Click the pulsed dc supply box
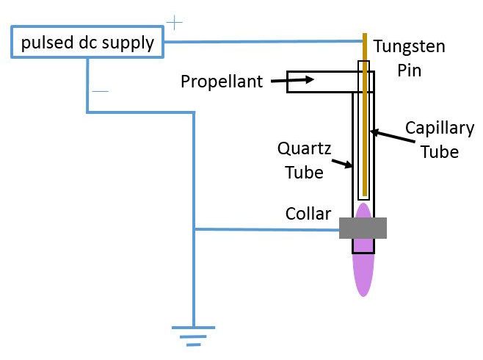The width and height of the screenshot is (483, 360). pyautogui.click(x=87, y=43)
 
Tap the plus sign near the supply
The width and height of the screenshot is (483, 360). pyautogui.click(x=174, y=23)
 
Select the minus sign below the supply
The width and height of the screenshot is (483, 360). pyautogui.click(x=101, y=91)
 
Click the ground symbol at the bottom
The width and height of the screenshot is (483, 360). pyautogui.click(x=193, y=334)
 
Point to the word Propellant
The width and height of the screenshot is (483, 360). pyautogui.click(x=222, y=81)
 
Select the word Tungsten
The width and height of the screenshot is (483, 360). pyautogui.click(x=409, y=47)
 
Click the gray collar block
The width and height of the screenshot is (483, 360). pyautogui.click(x=363, y=228)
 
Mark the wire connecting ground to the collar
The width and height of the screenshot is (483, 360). pyautogui.click(x=264, y=229)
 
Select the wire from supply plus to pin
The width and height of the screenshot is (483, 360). pyautogui.click(x=264, y=41)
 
